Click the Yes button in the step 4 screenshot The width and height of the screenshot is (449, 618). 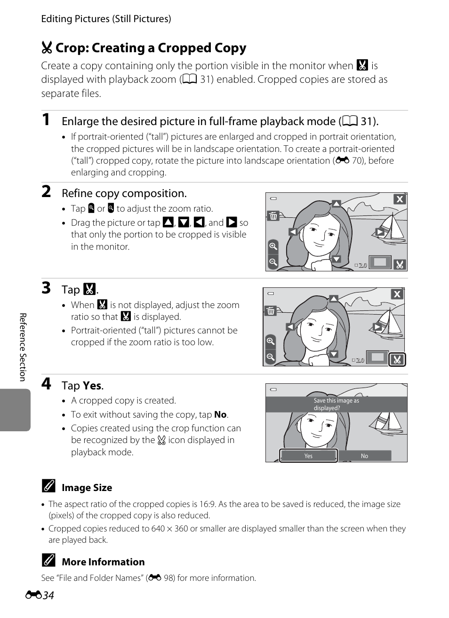click(x=308, y=455)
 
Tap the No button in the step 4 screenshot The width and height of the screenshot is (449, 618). click(x=364, y=456)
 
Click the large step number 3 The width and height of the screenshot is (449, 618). click(x=46, y=288)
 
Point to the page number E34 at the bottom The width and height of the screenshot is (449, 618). click(x=40, y=595)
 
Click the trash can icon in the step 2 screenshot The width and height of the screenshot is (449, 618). click(x=273, y=215)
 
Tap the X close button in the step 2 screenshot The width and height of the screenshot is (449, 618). click(x=400, y=199)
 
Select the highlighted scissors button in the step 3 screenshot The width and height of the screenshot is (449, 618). click(x=397, y=359)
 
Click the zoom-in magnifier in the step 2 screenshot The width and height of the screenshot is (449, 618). click(x=273, y=246)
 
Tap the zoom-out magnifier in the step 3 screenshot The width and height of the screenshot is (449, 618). click(x=271, y=357)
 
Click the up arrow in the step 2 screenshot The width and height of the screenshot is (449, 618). click(x=336, y=204)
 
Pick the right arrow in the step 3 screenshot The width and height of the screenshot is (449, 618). click(x=377, y=327)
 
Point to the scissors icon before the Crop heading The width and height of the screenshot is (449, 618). click(x=47, y=48)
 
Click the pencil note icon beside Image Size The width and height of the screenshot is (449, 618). click(x=48, y=486)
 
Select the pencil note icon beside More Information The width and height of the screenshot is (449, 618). click(x=48, y=560)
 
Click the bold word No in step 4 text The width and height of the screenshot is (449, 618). click(x=220, y=414)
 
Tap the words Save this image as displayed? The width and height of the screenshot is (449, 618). click(x=337, y=404)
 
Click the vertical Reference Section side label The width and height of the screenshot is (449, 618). click(x=23, y=347)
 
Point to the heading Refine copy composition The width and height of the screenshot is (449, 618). click(x=124, y=193)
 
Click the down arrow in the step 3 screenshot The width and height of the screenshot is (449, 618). click(x=334, y=354)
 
